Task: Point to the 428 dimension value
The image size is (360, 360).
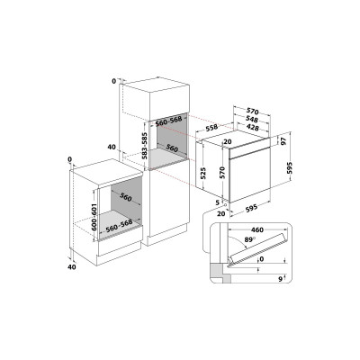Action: click(258, 129)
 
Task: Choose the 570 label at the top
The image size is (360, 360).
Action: click(257, 109)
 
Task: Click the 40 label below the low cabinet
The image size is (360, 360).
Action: click(71, 266)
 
